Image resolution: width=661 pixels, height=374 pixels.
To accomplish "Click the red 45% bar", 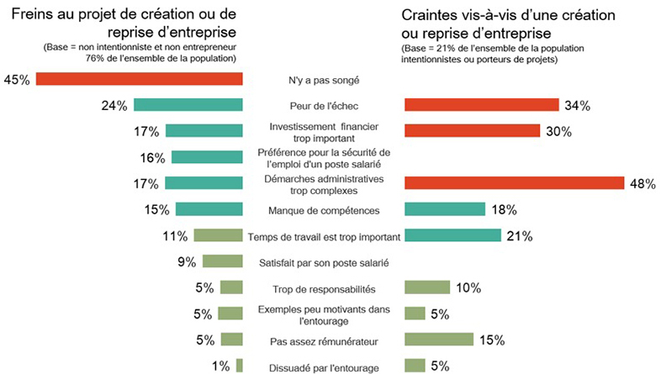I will [x=139, y=79].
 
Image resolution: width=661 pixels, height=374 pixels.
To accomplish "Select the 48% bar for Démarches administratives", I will [x=514, y=183].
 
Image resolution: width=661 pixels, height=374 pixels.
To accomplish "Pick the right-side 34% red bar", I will [x=481, y=105].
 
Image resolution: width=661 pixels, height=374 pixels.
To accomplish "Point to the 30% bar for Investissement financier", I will [x=472, y=131].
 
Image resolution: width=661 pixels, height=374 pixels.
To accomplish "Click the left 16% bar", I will [x=207, y=157].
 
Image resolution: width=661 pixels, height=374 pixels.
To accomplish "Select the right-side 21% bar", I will [x=452, y=235].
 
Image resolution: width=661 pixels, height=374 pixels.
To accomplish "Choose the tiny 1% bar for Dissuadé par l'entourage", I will [x=240, y=366].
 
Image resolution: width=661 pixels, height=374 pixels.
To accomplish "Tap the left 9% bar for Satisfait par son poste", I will [x=222, y=261].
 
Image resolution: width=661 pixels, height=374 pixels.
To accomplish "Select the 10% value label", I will [x=468, y=287].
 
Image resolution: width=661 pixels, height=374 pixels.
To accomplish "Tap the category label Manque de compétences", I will [x=324, y=210].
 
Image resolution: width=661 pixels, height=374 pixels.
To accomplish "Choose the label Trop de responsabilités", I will [x=324, y=288].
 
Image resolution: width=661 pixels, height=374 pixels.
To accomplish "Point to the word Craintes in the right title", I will [x=431, y=16].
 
